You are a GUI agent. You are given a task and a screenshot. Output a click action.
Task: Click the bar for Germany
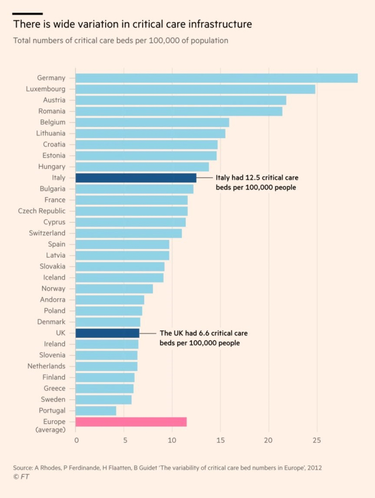(216, 78)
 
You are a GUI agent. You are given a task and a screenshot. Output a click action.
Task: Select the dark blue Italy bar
(136, 178)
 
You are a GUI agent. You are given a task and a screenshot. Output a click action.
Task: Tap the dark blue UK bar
(108, 333)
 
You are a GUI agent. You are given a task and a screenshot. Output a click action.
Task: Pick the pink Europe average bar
(131, 421)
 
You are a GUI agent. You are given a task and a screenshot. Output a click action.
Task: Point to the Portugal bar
(96, 411)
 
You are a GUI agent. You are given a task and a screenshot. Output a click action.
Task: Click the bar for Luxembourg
(196, 89)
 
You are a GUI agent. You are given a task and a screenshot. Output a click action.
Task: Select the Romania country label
(52, 111)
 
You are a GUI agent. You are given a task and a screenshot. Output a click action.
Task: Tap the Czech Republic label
(42, 211)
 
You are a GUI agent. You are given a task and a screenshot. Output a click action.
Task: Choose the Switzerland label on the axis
(47, 233)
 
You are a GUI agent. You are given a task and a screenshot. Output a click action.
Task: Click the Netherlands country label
(47, 366)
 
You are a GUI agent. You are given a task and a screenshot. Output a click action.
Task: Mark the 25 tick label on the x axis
(317, 441)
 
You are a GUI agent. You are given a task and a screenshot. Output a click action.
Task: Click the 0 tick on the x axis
(76, 441)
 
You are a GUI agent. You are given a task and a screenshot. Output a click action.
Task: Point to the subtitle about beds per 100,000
(121, 40)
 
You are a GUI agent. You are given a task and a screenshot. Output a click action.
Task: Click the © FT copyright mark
(21, 476)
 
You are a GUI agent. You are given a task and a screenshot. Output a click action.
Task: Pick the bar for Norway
(114, 289)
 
